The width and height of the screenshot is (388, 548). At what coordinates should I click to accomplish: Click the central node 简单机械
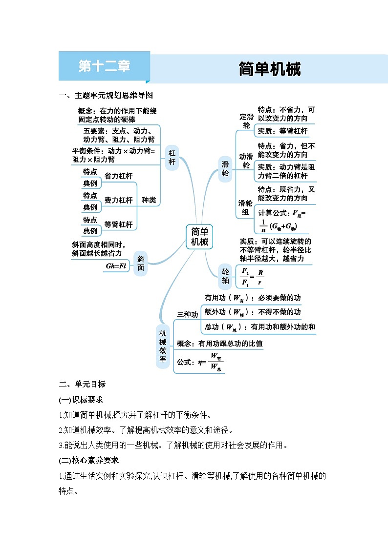point(199,237)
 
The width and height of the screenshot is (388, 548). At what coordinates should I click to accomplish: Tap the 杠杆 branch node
point(172,158)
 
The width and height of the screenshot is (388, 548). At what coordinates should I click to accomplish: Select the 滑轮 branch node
point(225,169)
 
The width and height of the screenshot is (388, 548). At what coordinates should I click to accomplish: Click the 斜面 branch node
point(141,263)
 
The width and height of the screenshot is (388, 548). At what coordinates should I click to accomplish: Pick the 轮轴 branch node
point(225,276)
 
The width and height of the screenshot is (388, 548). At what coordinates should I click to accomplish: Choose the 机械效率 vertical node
point(163,346)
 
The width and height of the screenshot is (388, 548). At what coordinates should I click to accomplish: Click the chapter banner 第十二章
point(104,66)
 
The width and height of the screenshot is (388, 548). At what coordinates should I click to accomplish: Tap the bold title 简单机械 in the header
point(269,69)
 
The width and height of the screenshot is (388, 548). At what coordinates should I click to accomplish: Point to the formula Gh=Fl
point(116,266)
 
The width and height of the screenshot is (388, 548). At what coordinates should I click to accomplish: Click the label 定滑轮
point(246,121)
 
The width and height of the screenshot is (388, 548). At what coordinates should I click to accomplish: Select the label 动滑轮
point(246,161)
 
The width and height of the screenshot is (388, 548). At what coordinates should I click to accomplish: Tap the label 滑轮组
point(245,207)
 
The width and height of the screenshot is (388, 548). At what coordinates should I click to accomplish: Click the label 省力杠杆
point(119,176)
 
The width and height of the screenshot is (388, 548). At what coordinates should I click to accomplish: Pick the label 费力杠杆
point(119,200)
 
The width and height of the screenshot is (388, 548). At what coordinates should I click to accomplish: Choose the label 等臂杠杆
point(119,224)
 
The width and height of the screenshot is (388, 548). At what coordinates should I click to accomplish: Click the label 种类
point(149,200)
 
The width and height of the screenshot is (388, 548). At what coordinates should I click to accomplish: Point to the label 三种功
point(188,315)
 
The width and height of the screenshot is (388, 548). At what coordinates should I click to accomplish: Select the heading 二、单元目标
point(82,384)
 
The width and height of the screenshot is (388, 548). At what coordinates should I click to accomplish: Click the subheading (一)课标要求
point(81,400)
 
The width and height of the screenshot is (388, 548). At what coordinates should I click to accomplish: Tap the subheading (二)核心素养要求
point(88,460)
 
